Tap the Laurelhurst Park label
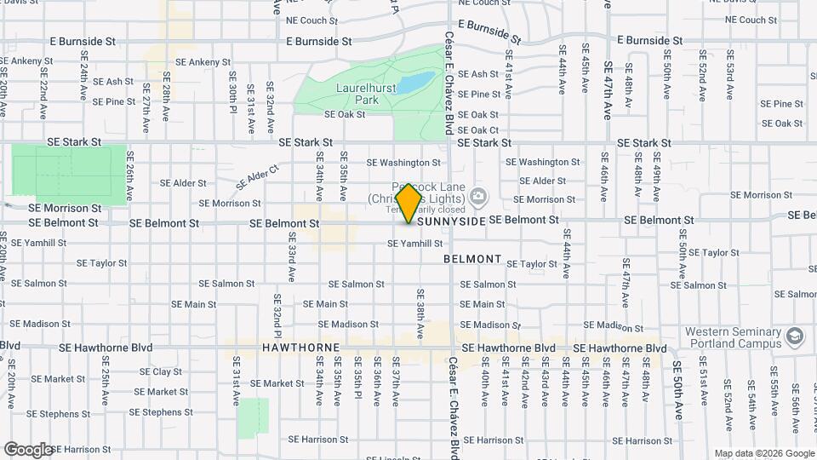pos(356,94)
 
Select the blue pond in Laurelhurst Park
pos(416,83)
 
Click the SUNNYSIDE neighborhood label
pos(452,221)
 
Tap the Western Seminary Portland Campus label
pos(733,338)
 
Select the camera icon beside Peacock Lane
pos(478,198)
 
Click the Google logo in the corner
pos(28,449)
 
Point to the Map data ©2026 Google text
pos(763,453)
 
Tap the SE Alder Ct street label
pos(252,177)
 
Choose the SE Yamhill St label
pos(415,244)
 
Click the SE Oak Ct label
pos(478,130)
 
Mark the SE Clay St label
pos(161,372)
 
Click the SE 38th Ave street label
pos(420,310)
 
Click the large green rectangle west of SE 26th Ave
pos(68,171)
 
